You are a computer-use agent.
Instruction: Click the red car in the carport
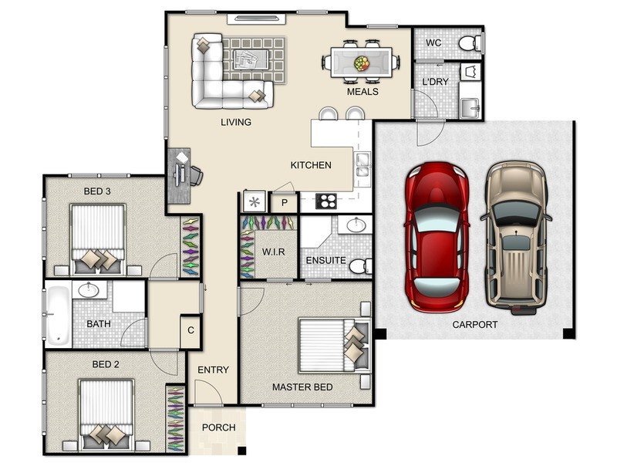click(x=437, y=237)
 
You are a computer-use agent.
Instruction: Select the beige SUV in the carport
click(x=516, y=238)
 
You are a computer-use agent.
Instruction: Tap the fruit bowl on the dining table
click(x=361, y=63)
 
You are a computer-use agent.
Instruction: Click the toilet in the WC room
click(x=470, y=43)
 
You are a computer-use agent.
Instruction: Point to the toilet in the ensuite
click(x=360, y=266)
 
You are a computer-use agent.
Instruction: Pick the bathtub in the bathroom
click(x=57, y=315)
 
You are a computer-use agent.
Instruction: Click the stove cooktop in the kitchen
click(x=325, y=201)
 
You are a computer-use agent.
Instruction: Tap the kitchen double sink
click(x=362, y=164)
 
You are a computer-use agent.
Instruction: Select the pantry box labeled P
click(x=284, y=203)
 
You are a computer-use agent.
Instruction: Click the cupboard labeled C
click(x=190, y=331)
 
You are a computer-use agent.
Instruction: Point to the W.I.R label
click(x=274, y=252)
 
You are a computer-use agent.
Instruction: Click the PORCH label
click(x=219, y=428)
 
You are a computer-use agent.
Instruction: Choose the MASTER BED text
click(x=302, y=387)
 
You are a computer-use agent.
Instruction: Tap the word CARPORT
click(x=475, y=324)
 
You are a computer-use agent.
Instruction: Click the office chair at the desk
click(x=197, y=175)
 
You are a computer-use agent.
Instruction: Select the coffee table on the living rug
click(x=251, y=59)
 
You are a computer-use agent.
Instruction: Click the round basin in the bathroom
click(x=89, y=290)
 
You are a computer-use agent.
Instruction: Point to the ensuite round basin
click(x=357, y=225)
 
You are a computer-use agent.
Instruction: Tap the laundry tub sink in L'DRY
click(x=470, y=107)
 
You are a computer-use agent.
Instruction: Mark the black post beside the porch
click(x=241, y=451)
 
